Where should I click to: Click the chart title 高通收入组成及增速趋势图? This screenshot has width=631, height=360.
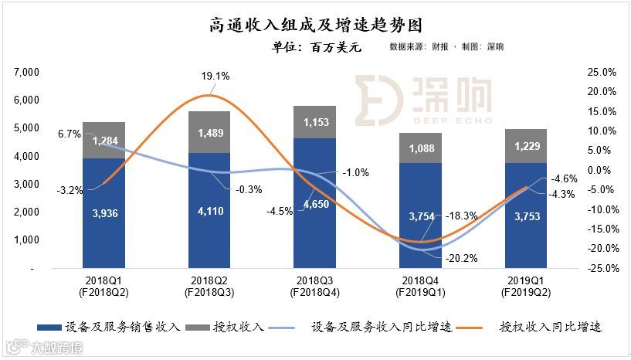317,26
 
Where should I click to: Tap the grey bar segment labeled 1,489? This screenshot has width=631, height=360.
209,132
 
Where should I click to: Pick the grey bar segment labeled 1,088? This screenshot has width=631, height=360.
420,148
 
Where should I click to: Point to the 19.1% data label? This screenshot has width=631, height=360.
215,76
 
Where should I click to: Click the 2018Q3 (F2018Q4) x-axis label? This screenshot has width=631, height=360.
314,287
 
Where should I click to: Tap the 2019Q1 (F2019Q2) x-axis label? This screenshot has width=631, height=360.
525,287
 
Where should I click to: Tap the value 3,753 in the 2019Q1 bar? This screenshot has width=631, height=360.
525,216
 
